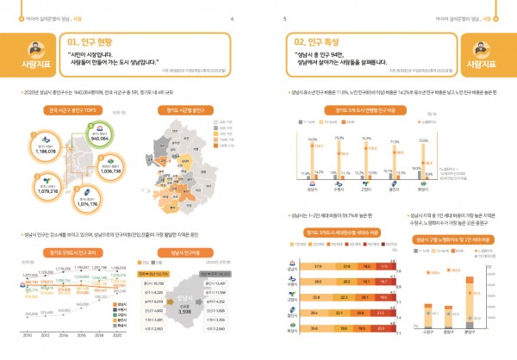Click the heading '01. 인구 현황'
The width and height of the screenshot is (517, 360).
point(93,40)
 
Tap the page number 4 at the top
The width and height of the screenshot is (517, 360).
point(232,16)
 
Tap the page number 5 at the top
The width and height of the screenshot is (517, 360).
point(284,16)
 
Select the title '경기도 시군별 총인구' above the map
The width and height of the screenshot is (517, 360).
point(184,109)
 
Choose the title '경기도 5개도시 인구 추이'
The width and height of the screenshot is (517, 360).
point(73,252)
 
